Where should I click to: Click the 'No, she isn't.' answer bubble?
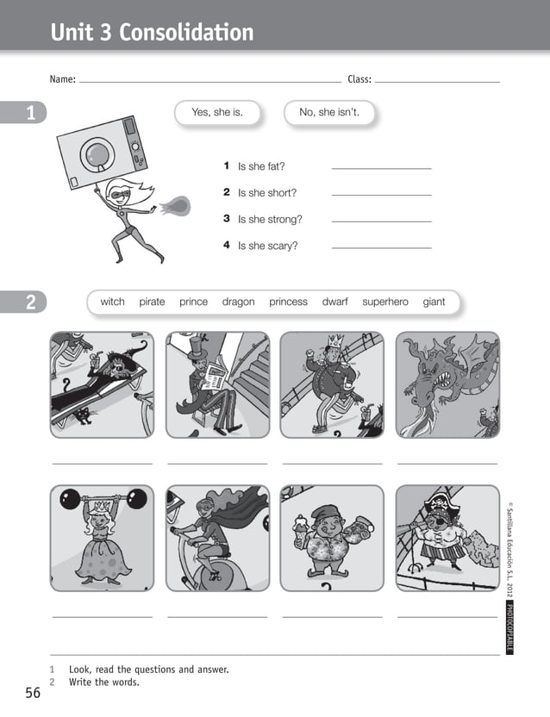[328, 112]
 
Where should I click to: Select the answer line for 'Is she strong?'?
[381, 221]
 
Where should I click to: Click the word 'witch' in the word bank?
[112, 302]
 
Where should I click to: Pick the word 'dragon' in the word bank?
[238, 302]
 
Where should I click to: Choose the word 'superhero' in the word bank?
[384, 302]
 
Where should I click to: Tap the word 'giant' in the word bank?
[434, 302]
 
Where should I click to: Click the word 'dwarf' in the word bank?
[334, 302]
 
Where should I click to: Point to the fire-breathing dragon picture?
[447, 384]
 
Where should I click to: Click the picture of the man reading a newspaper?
[217, 384]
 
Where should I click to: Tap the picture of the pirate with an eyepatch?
[447, 538]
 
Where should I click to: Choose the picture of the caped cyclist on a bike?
[217, 538]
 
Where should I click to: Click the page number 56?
[33, 693]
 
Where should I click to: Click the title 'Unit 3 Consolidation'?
[153, 33]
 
